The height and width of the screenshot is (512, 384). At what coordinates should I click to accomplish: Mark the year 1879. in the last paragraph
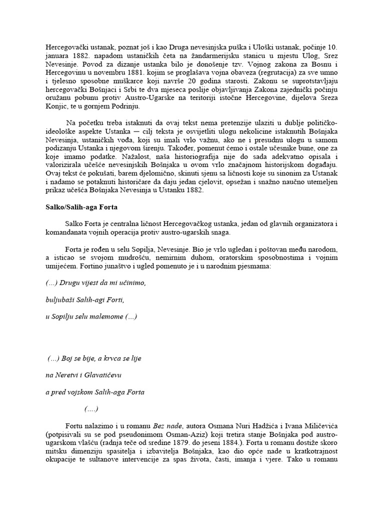[x=278, y=446]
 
